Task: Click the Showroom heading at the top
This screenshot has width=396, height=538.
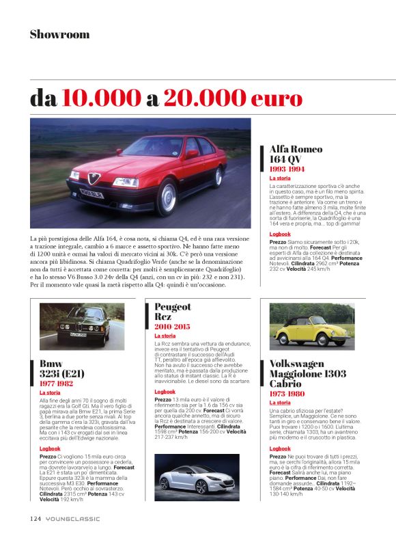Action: [x=59, y=34]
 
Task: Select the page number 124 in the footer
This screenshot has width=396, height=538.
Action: [x=36, y=518]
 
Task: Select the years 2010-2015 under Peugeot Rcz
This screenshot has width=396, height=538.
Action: [x=173, y=326]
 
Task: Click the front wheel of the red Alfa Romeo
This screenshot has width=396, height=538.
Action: [x=167, y=198]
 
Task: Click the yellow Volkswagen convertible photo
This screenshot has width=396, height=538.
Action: [x=311, y=326]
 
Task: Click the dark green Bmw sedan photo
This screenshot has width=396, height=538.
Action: [x=72, y=325]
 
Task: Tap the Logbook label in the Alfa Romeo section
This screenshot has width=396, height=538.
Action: [x=280, y=233]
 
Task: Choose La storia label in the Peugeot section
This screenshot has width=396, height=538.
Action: [x=165, y=336]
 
